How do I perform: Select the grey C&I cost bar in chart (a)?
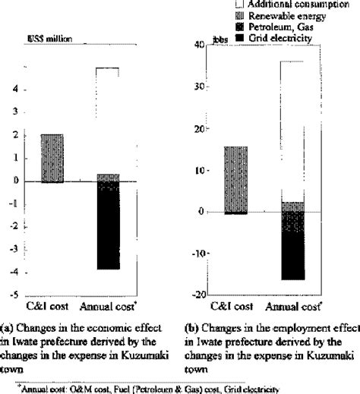click(x=52, y=158)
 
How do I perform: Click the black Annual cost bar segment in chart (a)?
click(x=107, y=228)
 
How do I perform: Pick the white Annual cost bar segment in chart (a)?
click(x=107, y=121)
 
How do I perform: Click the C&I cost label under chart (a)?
click(x=47, y=306)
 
